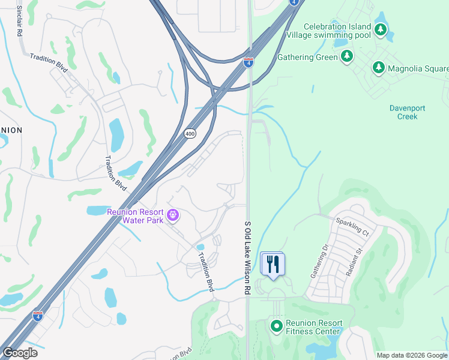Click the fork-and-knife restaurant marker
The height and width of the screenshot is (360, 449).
(x=273, y=263)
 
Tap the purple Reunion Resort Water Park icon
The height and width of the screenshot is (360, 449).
(x=172, y=214)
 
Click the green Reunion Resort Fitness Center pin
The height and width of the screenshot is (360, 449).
(x=276, y=326)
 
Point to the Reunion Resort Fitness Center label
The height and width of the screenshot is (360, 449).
(x=314, y=326)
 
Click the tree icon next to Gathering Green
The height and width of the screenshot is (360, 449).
(x=346, y=56)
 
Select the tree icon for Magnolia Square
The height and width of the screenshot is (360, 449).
(x=378, y=67)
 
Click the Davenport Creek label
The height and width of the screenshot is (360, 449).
(x=407, y=112)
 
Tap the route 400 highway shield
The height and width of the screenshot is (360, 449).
(x=190, y=133)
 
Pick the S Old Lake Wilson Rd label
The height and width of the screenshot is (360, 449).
(x=247, y=257)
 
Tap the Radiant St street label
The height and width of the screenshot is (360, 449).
(x=354, y=263)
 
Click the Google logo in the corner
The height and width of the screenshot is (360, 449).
(x=19, y=353)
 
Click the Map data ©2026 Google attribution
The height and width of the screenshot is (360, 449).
(x=412, y=355)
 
